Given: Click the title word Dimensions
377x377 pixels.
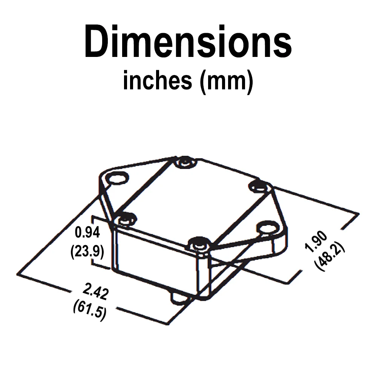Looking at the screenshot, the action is click(x=188, y=41).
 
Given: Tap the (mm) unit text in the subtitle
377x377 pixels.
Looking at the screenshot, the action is click(x=227, y=82).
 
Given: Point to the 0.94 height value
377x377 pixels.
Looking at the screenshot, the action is click(x=87, y=232).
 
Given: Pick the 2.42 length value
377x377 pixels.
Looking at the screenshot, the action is click(x=96, y=292).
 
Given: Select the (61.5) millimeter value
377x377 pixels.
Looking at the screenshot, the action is click(x=90, y=310).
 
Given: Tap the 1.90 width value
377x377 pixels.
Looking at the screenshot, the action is click(x=316, y=241).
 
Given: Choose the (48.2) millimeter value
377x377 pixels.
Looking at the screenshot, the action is click(x=329, y=256).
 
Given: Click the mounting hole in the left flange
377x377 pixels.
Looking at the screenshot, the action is click(x=117, y=178).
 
